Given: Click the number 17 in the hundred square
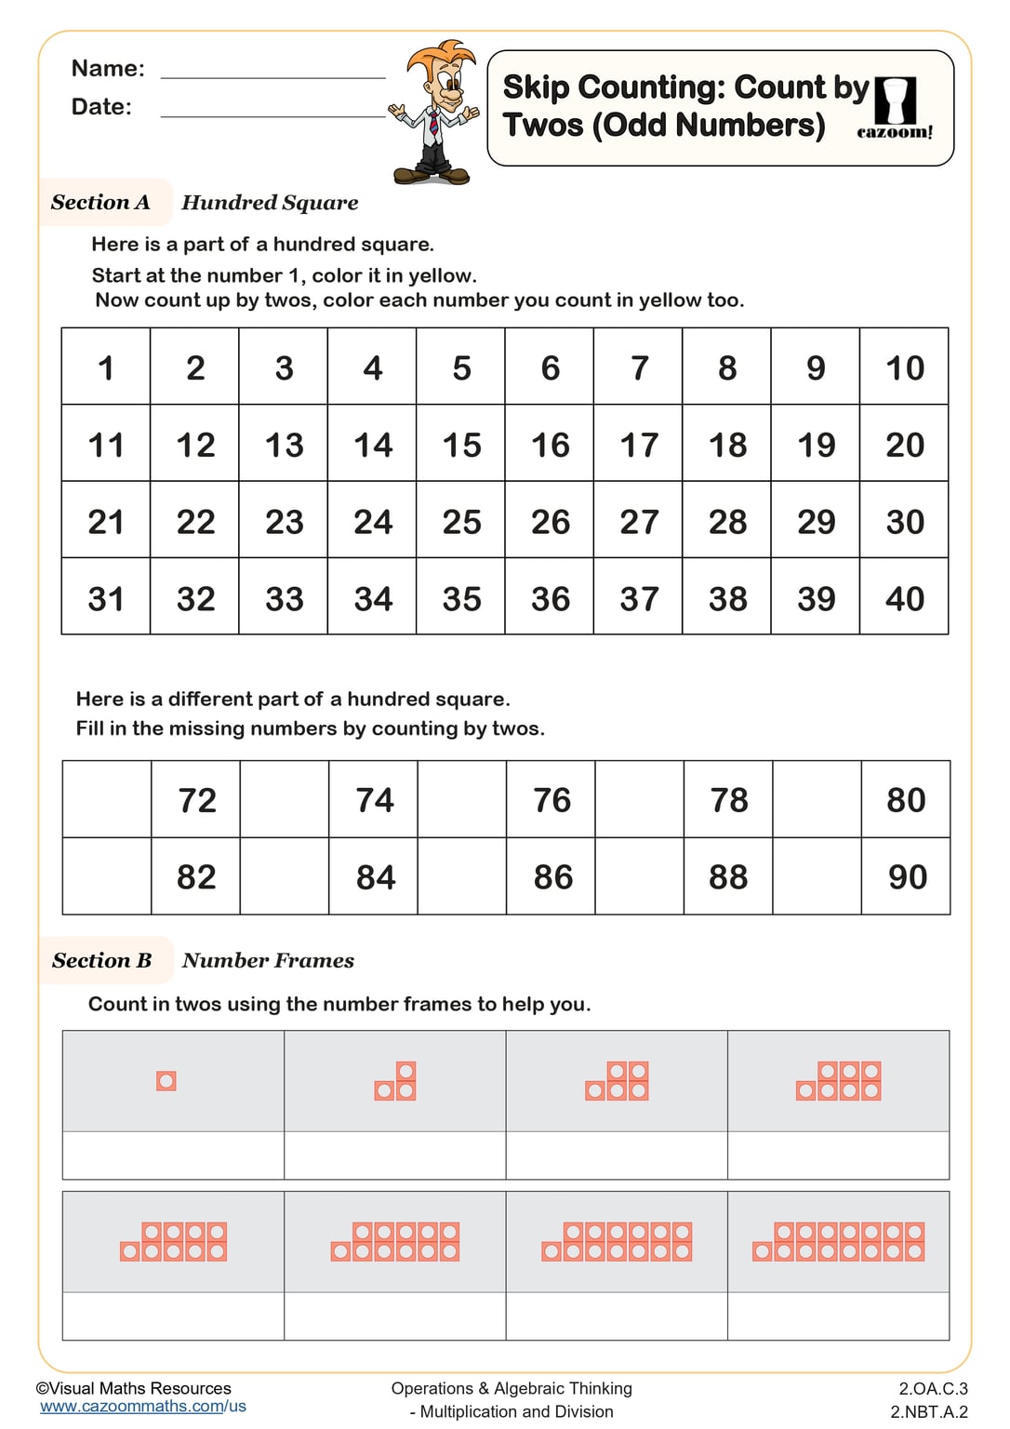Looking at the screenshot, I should coord(639,445).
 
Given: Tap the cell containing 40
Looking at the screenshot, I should coord(904,598).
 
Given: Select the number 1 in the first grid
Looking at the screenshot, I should coord(106,368).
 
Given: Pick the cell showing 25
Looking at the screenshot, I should coord(461,522).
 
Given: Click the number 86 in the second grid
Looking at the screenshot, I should coord(552,877).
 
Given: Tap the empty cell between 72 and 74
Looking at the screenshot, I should coord(285,800).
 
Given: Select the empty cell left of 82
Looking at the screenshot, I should coord(107,876).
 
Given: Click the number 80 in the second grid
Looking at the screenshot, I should coord(906,800).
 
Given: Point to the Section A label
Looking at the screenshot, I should coord(100,202).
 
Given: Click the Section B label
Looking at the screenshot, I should coord(101,960).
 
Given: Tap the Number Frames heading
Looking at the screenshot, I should coord(268,960).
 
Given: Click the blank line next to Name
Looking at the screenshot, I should coord(272,71).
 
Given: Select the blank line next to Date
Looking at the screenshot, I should coord(272,109).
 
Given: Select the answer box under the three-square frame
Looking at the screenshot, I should coord(394,1155).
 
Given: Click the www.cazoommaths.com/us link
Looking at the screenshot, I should coord(143,1407).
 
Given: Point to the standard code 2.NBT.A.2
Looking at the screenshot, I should coord(928,1411).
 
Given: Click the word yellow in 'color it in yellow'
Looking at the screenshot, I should coord(445,276).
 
